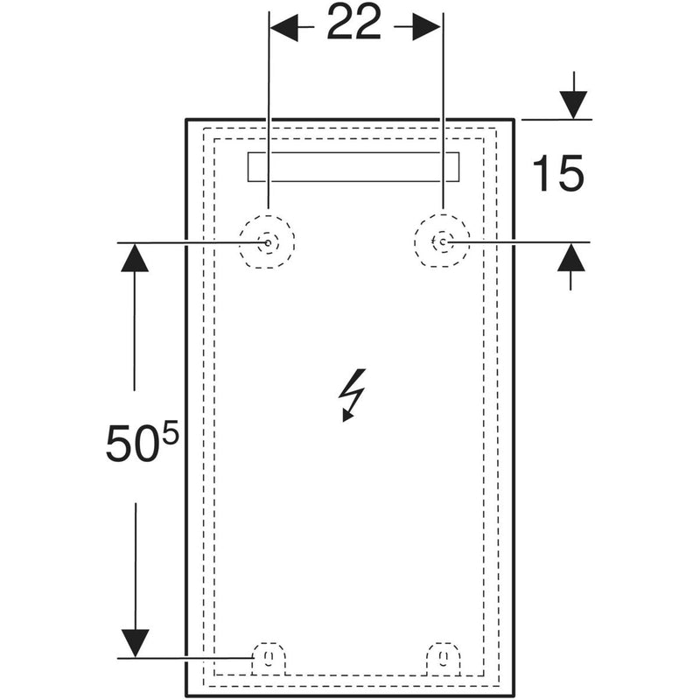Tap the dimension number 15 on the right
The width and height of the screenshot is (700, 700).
click(x=557, y=172)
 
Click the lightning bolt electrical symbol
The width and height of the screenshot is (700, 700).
click(x=353, y=395)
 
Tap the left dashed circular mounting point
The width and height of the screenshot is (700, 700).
click(x=267, y=241)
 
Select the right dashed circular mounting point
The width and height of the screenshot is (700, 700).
click(x=443, y=241)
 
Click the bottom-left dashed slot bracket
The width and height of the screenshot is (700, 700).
click(x=268, y=658)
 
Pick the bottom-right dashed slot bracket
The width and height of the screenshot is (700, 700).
click(x=443, y=658)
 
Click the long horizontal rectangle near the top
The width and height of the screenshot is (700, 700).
click(x=354, y=167)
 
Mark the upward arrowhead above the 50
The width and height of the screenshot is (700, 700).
click(x=134, y=257)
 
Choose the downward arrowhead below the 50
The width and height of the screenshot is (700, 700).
click(x=134, y=643)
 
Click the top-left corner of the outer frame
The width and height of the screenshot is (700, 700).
click(x=187, y=119)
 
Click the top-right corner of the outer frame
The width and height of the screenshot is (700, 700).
click(x=513, y=119)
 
